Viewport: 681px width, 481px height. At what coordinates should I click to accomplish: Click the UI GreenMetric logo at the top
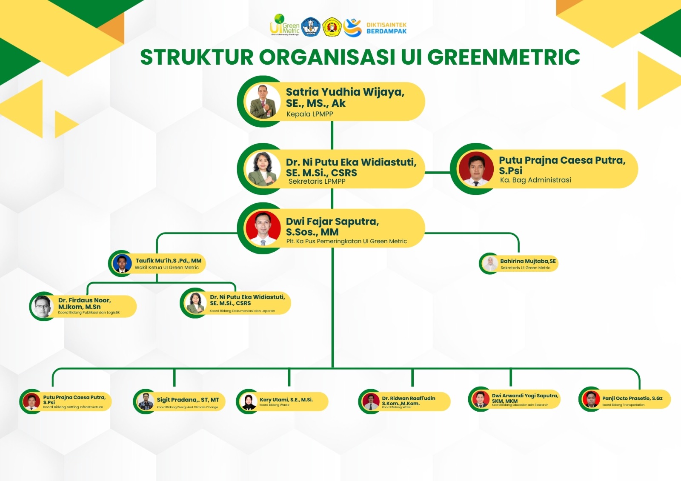click(284, 25)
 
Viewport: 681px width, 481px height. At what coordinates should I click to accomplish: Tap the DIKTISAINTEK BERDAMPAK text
click(386, 28)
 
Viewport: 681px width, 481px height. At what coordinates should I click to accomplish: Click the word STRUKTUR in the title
click(197, 57)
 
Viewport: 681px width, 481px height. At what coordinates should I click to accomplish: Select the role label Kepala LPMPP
click(309, 114)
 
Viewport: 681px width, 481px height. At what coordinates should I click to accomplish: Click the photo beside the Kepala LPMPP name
click(263, 102)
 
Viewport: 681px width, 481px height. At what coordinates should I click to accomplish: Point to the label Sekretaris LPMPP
click(317, 181)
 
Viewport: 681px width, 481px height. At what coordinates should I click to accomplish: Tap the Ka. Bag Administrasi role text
click(535, 180)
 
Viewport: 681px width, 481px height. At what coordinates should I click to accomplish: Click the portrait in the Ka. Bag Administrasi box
click(475, 169)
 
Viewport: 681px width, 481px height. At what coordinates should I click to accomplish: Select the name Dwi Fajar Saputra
click(332, 222)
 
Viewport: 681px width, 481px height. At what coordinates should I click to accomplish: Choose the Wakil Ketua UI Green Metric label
click(166, 268)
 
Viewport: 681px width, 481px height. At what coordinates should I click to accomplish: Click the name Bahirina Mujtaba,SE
click(528, 261)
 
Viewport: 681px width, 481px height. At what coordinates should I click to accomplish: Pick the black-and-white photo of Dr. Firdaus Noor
click(43, 306)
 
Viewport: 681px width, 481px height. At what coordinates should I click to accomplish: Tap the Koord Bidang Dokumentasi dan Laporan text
click(242, 311)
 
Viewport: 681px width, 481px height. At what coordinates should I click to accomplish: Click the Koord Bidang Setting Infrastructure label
click(73, 407)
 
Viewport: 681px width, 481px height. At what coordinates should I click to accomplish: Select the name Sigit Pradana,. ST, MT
click(188, 400)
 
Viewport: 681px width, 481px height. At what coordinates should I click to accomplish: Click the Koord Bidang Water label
click(397, 407)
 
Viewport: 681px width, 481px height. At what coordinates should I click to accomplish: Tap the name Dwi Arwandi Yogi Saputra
click(525, 396)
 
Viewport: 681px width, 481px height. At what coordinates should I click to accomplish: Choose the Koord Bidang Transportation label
click(623, 405)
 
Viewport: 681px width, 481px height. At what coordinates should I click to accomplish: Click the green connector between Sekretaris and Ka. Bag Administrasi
click(437, 173)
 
